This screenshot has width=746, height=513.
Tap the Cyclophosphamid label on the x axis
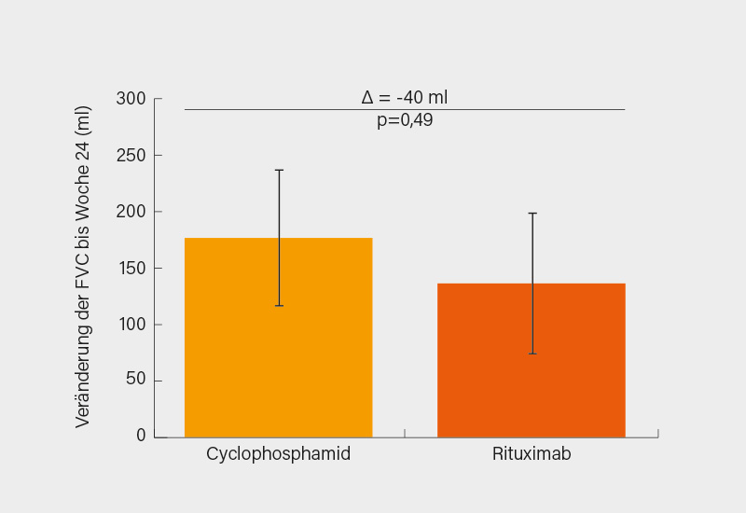pos(278,455)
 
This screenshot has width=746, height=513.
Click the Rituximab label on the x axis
pos(531,455)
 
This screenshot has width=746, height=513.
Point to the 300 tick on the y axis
pos(131,99)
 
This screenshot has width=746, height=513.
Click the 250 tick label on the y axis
pos(131,156)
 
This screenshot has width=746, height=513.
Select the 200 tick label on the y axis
pos(131,212)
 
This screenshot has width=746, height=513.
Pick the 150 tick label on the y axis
pos(131,269)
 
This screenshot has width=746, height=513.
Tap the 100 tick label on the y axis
pos(131,325)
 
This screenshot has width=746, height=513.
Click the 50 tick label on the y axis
pos(136,381)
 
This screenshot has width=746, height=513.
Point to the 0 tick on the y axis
pos(141,436)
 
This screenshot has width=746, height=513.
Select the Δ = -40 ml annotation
pos(405,97)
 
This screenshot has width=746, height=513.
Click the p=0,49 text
pos(405,121)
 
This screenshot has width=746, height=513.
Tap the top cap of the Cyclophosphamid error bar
pos(279,170)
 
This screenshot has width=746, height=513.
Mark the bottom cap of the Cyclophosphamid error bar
pos(279,306)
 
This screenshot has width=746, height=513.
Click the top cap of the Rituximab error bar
pos(532,214)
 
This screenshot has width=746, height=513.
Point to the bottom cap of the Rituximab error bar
pos(532,354)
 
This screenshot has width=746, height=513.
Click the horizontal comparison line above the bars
pos(280,109)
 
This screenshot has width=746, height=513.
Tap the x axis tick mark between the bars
pos(405,433)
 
